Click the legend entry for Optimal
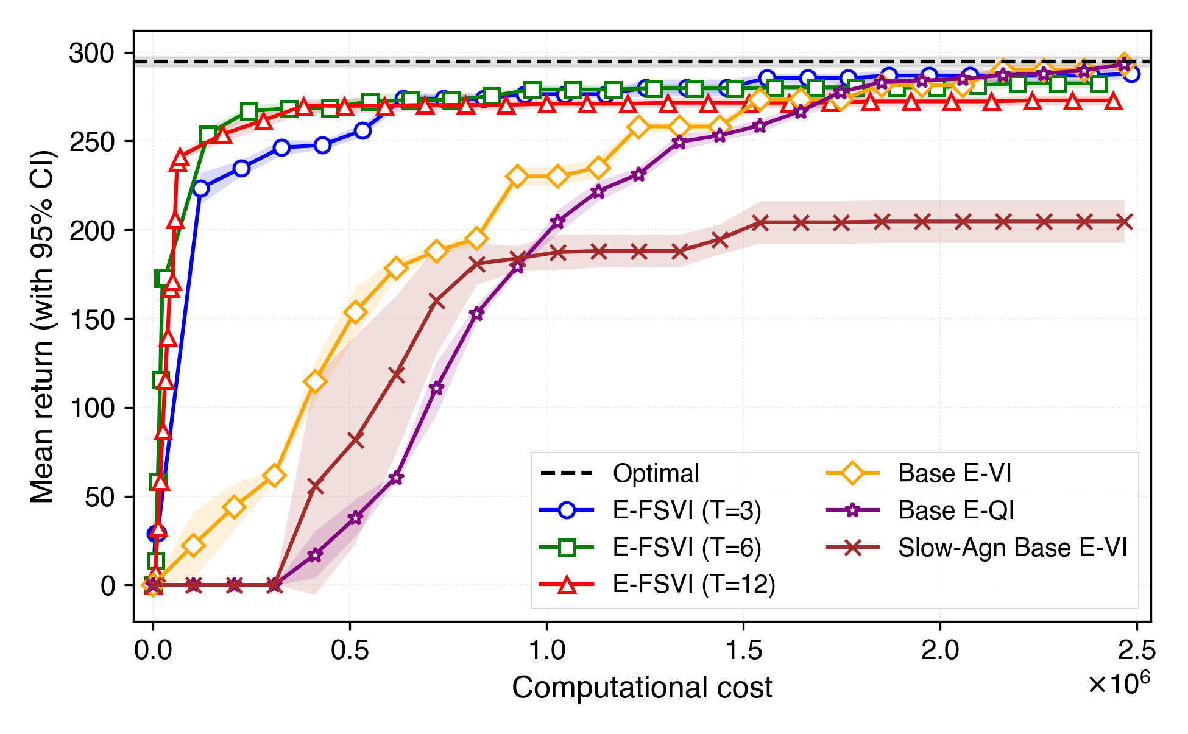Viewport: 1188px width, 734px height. click(656, 473)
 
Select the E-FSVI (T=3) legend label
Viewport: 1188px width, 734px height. click(687, 510)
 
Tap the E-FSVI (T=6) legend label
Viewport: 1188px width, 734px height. click(687, 548)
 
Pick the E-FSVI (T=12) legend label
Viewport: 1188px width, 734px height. click(693, 584)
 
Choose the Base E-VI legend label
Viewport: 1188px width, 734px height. click(954, 473)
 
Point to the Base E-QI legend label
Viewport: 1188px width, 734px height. click(956, 510)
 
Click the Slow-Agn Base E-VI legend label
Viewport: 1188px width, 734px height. click(1012, 548)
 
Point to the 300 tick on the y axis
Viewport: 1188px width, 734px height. click(91, 54)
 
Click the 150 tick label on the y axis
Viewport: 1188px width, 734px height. click(91, 320)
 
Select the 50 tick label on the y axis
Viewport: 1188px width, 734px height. click(99, 497)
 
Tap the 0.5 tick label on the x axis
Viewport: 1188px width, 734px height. click(350, 651)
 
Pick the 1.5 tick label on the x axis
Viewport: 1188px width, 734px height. click(743, 651)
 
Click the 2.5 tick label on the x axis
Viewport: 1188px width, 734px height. click(1136, 651)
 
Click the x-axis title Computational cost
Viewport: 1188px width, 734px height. click(642, 688)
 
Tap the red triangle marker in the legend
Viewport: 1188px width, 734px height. click(567, 585)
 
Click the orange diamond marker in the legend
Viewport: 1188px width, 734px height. click(852, 473)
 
